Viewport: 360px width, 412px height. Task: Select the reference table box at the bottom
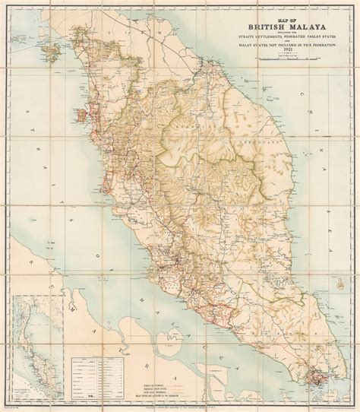(x=99, y=372)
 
